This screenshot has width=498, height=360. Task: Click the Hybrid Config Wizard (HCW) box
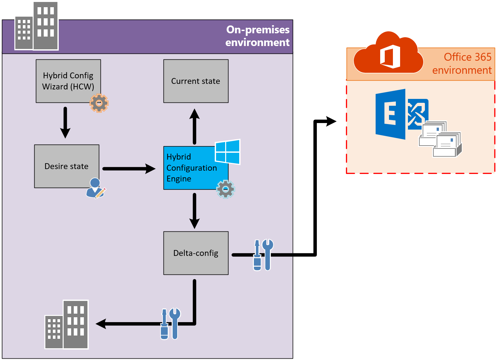[x=68, y=81]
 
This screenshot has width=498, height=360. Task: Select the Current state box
[x=196, y=81]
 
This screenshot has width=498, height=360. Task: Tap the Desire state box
[x=67, y=166]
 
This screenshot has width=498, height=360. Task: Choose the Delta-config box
[x=196, y=253]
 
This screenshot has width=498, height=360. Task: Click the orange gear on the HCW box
[x=99, y=103]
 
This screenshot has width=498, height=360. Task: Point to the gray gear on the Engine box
[x=226, y=189]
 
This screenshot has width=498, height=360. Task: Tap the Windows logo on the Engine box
[x=227, y=152]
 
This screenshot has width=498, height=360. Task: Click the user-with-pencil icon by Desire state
[x=95, y=188]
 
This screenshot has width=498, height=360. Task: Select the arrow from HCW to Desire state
[x=65, y=122]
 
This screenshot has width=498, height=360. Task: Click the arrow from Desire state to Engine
[x=129, y=169]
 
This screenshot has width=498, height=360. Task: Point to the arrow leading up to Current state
[x=195, y=126]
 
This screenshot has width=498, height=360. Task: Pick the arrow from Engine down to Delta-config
[x=195, y=211]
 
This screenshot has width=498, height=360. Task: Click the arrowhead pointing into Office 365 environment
[x=331, y=121]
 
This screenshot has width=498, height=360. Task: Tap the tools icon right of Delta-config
[x=263, y=255]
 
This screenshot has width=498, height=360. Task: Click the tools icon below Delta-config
[x=170, y=324]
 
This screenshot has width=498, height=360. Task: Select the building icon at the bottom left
[x=67, y=325]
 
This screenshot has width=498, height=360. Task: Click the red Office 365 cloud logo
[x=388, y=54]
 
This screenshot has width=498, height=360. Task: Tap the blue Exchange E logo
[x=391, y=114]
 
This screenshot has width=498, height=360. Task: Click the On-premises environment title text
[x=258, y=36]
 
